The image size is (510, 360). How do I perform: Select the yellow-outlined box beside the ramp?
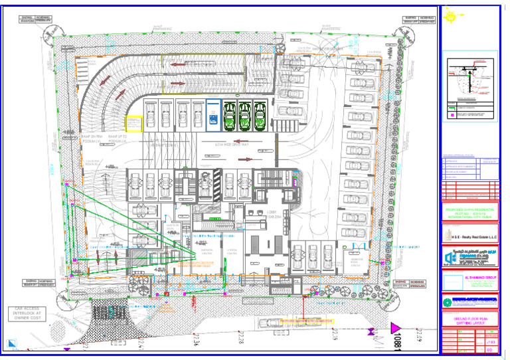(x=134, y=124)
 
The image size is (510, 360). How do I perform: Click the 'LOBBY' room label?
(x=255, y=214)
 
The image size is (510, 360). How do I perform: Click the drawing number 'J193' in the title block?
(x=490, y=341)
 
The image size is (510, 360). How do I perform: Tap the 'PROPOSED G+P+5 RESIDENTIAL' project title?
(x=469, y=207)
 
